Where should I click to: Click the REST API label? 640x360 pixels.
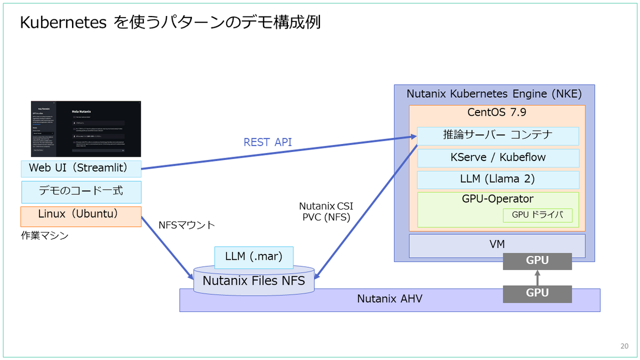point(268,142)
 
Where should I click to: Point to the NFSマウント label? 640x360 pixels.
point(187,225)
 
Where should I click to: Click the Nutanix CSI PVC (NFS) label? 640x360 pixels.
point(326,212)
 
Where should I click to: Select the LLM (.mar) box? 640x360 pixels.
point(253,257)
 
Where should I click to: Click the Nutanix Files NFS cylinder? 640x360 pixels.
point(253,281)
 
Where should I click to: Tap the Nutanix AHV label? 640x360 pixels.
point(389,299)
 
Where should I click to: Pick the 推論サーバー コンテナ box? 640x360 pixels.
point(498,135)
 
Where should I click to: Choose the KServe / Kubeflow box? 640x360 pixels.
point(498,158)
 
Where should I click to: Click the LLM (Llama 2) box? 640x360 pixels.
point(498,179)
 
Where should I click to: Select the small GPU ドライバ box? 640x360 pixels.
point(538,215)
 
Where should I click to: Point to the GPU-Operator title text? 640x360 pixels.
point(498,199)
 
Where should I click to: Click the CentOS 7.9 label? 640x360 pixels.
point(497,113)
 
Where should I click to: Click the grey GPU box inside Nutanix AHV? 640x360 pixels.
point(537,294)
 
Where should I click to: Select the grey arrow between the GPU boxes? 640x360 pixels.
point(537,277)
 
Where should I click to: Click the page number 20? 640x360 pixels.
point(624,346)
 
